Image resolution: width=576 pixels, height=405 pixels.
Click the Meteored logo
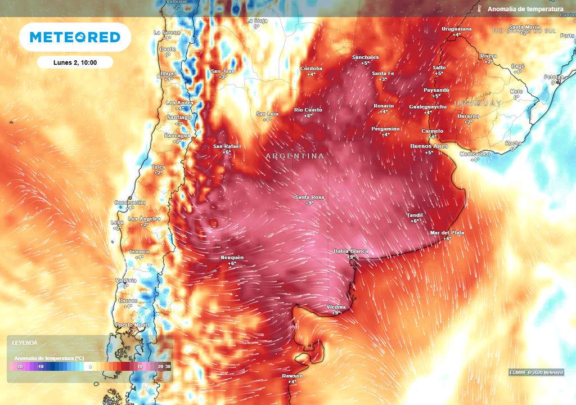(75, 37)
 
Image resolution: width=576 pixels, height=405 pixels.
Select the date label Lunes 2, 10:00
(75, 62)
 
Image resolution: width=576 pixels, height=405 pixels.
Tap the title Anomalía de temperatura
(525, 10)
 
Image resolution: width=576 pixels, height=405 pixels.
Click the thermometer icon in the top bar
(479, 10)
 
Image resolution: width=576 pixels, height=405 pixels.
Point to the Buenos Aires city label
(429, 146)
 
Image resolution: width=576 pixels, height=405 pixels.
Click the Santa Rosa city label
(309, 197)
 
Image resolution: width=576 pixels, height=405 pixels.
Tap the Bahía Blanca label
(351, 251)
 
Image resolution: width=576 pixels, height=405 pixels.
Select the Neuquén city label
(232, 258)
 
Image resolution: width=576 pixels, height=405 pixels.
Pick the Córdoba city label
(311, 69)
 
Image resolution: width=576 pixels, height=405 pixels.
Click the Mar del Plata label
(447, 232)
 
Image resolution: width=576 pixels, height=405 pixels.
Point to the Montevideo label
(475, 154)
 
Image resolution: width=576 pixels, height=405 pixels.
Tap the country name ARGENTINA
(295, 156)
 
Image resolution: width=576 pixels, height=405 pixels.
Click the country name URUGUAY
(478, 103)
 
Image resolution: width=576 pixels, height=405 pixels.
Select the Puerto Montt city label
(132, 325)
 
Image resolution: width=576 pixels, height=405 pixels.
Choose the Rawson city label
(292, 376)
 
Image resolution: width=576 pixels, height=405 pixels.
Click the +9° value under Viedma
(336, 313)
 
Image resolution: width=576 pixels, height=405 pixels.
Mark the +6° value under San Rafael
(227, 152)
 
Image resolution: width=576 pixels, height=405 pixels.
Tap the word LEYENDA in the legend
(25, 342)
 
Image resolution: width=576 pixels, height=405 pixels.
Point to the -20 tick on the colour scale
(20, 366)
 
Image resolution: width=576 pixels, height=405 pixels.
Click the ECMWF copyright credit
(536, 372)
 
